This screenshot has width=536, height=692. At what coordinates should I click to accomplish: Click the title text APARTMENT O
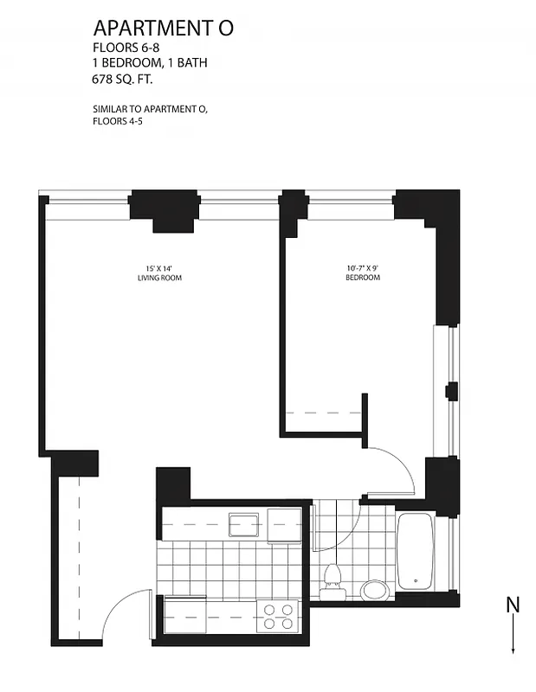click(x=163, y=29)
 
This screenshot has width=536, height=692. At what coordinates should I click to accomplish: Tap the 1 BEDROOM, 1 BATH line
click(x=149, y=62)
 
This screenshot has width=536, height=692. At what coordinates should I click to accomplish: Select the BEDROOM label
click(x=363, y=278)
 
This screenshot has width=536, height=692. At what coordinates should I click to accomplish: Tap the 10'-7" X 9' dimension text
click(x=363, y=267)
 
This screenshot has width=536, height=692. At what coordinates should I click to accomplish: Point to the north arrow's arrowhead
click(x=513, y=649)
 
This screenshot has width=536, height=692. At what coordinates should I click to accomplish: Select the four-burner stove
click(x=278, y=616)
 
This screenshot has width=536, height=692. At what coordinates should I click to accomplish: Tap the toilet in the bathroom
click(x=331, y=582)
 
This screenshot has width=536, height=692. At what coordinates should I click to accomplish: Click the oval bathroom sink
click(x=375, y=590)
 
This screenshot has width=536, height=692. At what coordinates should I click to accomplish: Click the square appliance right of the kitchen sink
click(x=283, y=523)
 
